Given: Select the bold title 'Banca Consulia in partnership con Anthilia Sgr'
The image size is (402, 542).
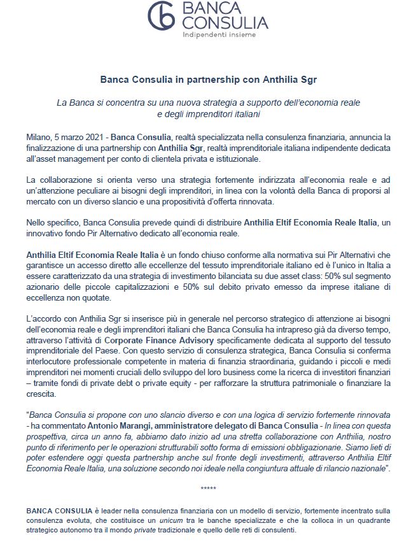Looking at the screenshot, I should tap(200, 81).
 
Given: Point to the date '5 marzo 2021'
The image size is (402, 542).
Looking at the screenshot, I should tap(80, 137).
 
